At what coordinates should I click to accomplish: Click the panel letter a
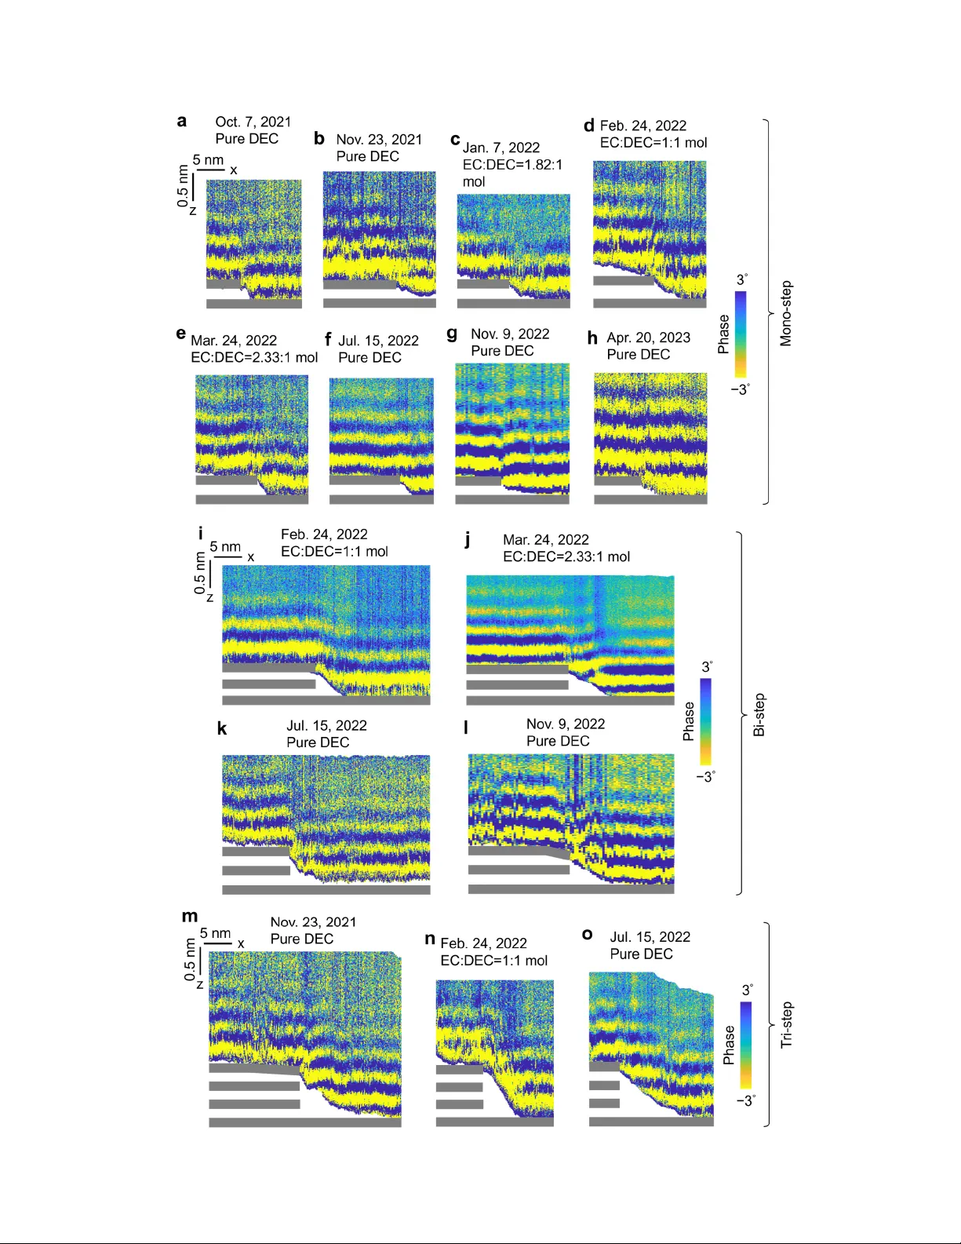tap(182, 121)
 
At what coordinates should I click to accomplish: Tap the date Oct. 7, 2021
tap(253, 122)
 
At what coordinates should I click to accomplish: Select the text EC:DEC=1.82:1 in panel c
tap(512, 165)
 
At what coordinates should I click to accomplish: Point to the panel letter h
tap(592, 338)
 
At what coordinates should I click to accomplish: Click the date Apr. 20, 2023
tap(648, 337)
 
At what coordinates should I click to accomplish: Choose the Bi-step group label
tap(759, 715)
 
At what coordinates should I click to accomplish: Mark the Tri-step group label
tap(787, 1025)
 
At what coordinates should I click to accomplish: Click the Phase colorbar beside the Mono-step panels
tap(741, 335)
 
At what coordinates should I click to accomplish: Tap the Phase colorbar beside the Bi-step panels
tap(706, 721)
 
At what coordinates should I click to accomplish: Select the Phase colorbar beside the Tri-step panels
tap(746, 1045)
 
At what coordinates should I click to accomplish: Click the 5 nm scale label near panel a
tap(208, 160)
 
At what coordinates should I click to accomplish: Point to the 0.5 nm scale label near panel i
tap(200, 572)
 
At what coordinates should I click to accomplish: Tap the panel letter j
tap(468, 539)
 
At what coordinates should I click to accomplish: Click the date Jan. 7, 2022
tap(501, 148)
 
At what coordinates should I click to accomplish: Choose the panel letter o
tap(587, 935)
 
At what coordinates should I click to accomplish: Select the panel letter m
tap(190, 916)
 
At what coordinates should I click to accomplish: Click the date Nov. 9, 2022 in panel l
tap(565, 724)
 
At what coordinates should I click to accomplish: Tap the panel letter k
tap(222, 729)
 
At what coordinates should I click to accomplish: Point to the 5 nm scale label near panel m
tap(215, 933)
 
